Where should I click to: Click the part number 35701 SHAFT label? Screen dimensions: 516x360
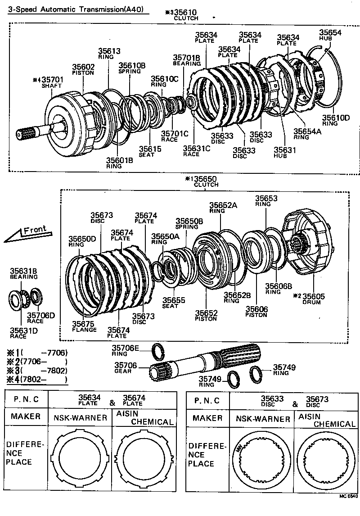click(53, 82)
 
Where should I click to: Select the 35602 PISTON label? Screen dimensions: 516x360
click(83, 69)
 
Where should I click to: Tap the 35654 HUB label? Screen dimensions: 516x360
click(330, 35)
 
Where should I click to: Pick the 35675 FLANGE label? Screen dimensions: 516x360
click(84, 326)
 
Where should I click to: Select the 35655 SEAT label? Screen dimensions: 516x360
click(170, 302)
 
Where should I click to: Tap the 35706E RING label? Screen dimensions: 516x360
click(126, 350)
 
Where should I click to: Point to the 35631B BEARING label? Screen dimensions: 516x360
click(23, 273)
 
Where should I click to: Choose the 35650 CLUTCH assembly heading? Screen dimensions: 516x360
click(205, 181)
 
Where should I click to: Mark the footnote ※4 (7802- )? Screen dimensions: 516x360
click(36, 379)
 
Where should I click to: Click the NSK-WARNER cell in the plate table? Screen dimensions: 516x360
click(80, 417)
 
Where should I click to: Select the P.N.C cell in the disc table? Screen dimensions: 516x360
click(207, 400)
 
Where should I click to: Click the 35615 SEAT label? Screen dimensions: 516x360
click(146, 151)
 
